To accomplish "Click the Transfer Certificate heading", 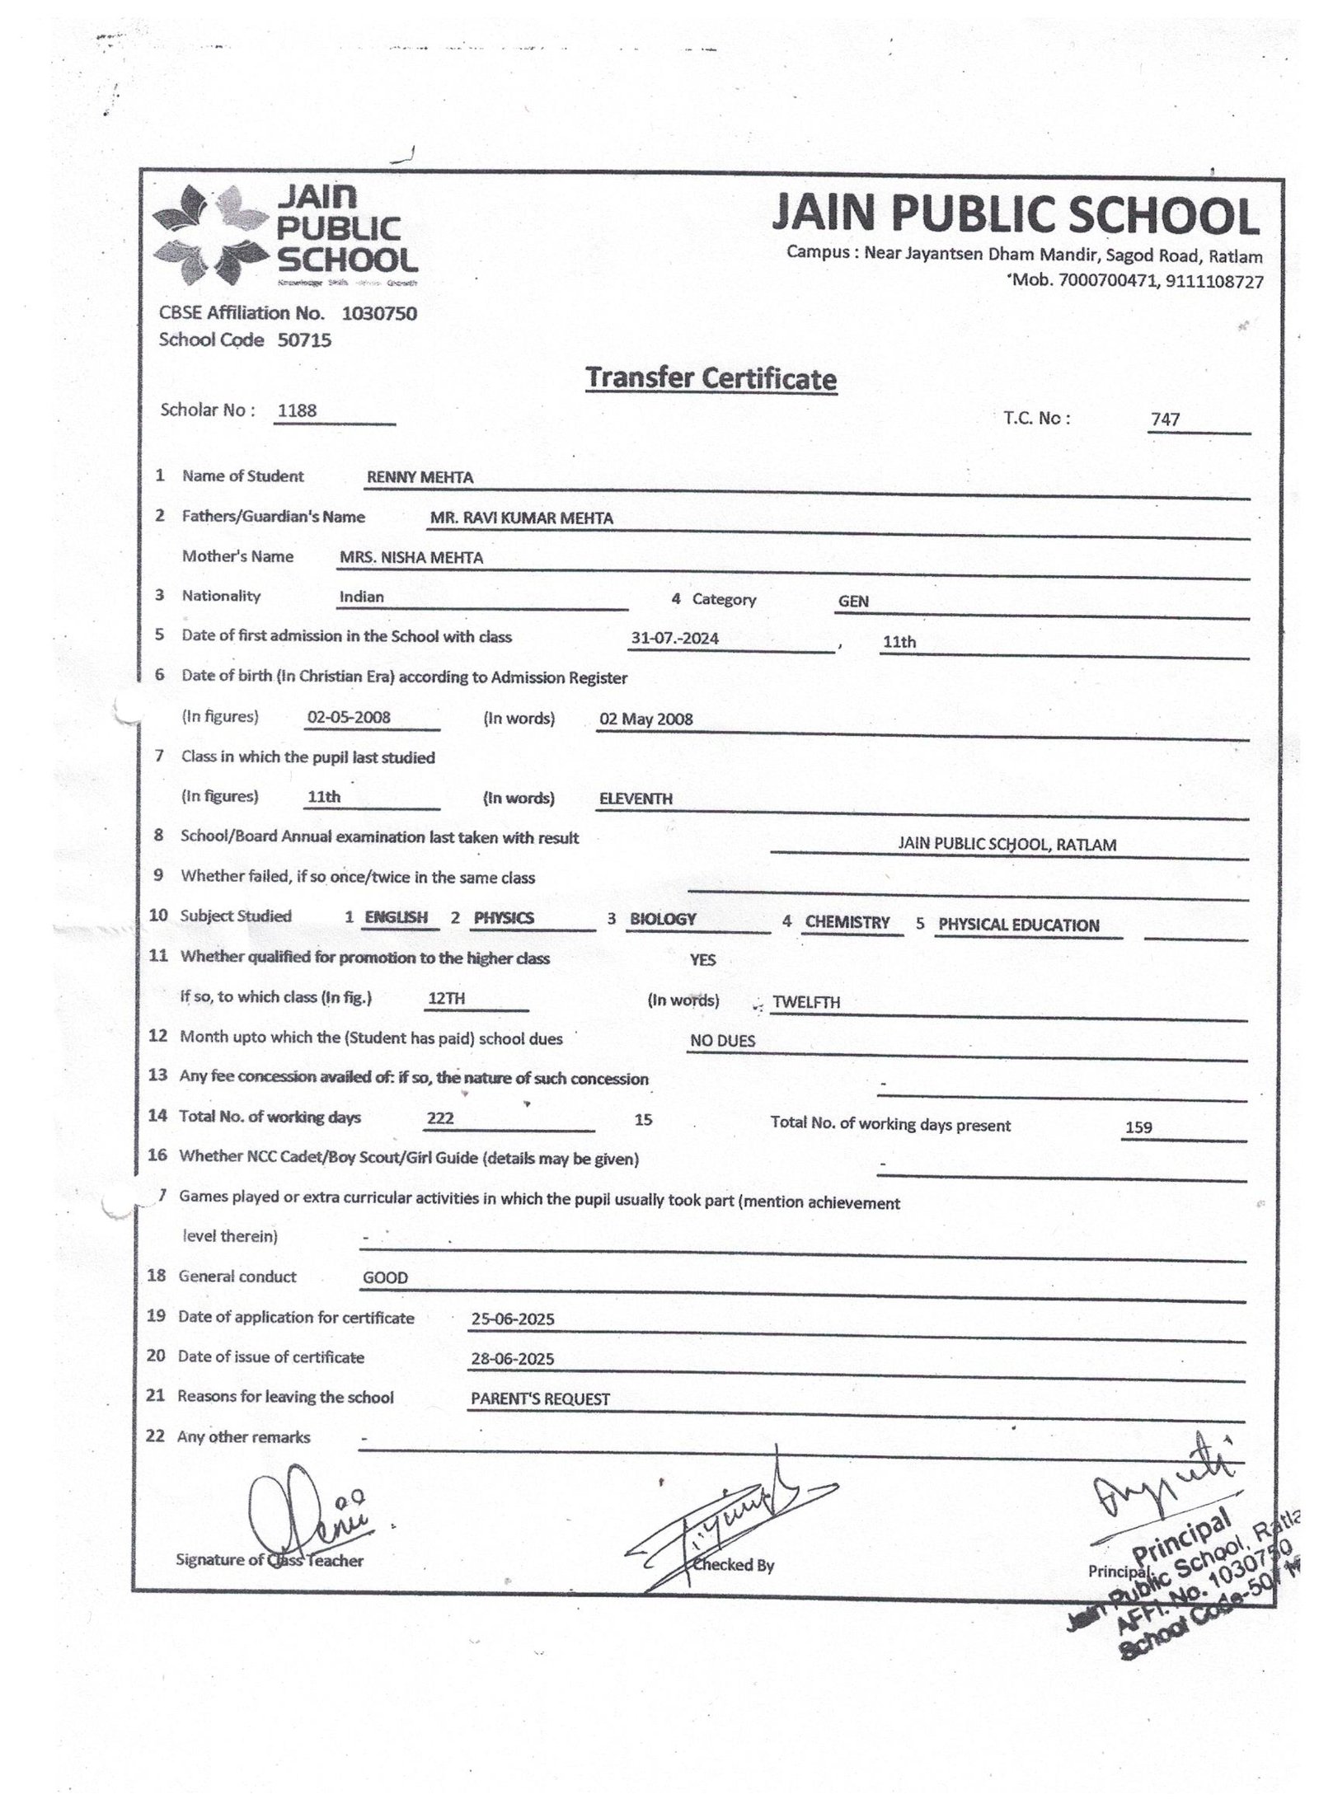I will [x=711, y=379].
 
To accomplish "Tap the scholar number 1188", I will [x=298, y=410].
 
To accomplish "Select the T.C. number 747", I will [x=1166, y=419].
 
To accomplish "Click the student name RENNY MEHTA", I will [x=420, y=478].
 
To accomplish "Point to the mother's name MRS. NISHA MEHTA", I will [x=411, y=558].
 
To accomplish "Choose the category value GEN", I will [x=853, y=602].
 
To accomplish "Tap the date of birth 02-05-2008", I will [x=349, y=718].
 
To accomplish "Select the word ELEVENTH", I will [x=636, y=799].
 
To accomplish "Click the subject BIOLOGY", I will [x=663, y=919].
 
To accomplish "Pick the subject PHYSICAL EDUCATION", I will [x=1018, y=925].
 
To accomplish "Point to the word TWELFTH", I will [x=806, y=1003].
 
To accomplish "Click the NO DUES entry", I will [x=722, y=1042].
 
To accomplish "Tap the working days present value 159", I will [x=1138, y=1127].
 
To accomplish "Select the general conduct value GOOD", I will [x=385, y=1278].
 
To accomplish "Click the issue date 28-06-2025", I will [x=512, y=1359].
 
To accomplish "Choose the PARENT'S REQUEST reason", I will [x=540, y=1399].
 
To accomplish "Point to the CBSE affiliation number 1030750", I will [x=379, y=313].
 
